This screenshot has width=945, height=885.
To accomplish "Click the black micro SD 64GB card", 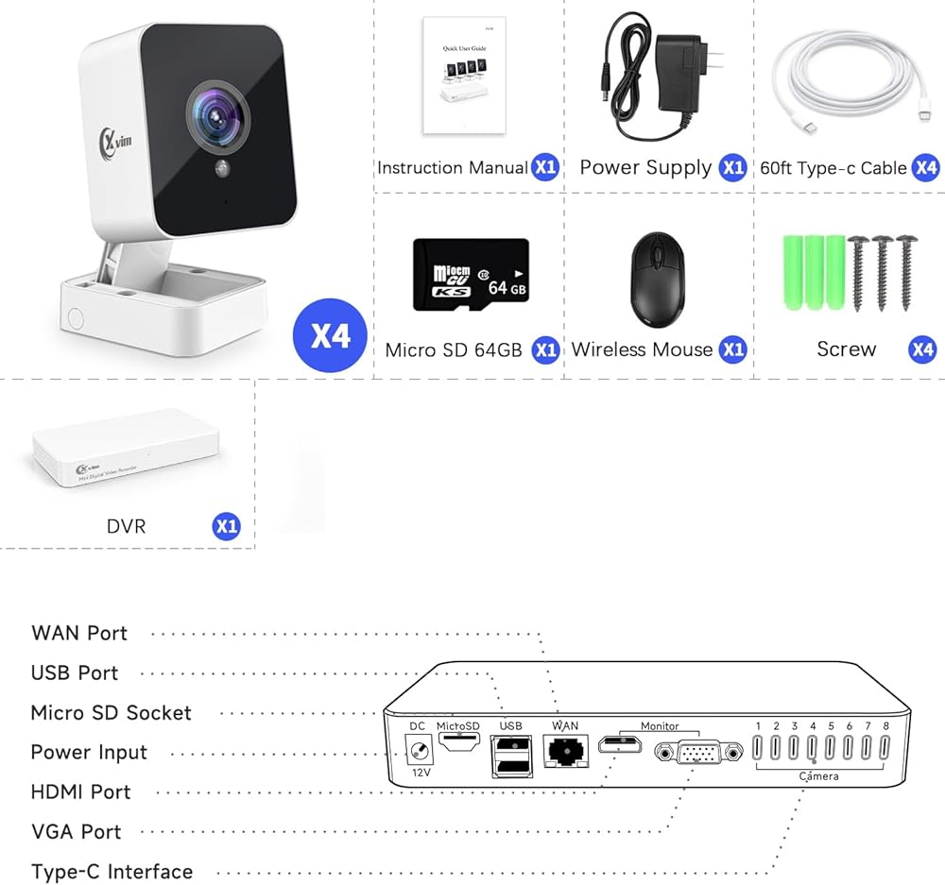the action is click(x=470, y=274).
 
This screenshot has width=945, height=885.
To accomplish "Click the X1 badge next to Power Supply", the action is click(x=732, y=168).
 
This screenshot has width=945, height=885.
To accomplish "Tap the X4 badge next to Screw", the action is click(x=922, y=349).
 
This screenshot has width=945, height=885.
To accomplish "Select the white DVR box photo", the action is click(x=126, y=449).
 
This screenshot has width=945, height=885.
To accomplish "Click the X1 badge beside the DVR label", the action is click(x=226, y=526).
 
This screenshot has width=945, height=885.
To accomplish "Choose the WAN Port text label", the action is click(x=79, y=633).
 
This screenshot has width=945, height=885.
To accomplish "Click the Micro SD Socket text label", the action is click(x=111, y=712).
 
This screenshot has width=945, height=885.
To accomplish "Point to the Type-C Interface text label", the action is click(x=112, y=871).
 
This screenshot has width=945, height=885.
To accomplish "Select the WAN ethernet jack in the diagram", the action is click(x=565, y=753).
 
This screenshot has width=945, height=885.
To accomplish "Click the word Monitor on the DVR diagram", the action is click(x=660, y=726).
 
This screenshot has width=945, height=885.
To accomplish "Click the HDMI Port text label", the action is click(x=80, y=791).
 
